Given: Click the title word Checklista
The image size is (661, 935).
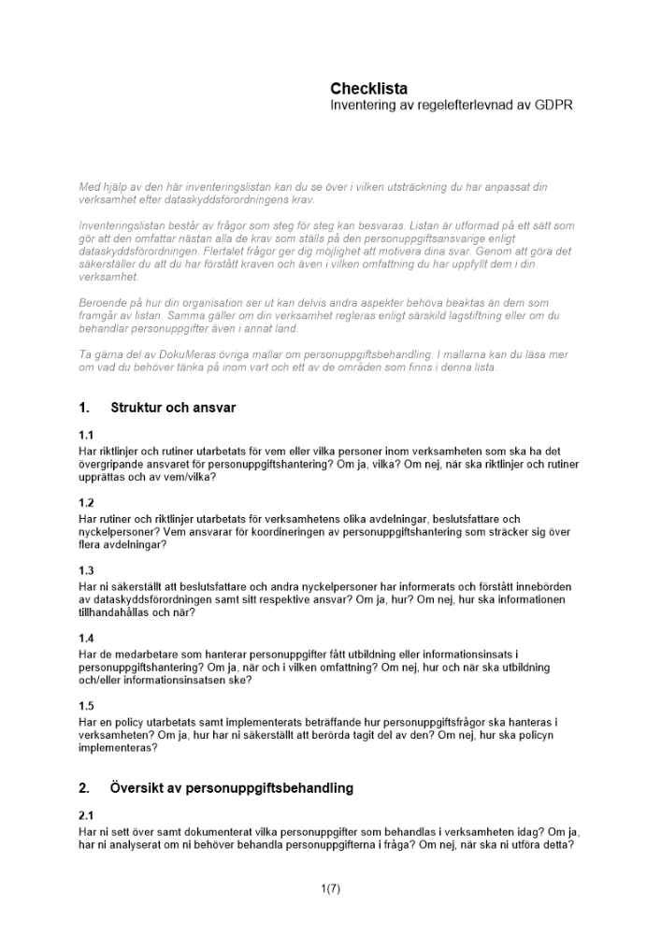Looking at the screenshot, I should tap(368, 89).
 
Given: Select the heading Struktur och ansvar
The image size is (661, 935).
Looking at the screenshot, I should tap(173, 408).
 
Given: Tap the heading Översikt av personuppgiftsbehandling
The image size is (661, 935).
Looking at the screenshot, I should tap(232, 788).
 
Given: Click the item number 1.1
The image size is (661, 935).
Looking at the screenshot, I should tap(86, 436).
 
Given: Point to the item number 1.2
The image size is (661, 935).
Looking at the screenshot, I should tap(86, 503).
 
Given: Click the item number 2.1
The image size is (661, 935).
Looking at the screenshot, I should tap(86, 816).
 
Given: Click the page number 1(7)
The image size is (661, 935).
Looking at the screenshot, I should tap(330, 889).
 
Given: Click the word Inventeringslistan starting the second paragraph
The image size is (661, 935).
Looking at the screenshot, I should tap(118, 226).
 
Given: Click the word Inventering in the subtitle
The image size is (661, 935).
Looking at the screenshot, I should tap(362, 106).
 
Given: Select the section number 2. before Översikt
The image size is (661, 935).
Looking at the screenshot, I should tap(85, 788).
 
